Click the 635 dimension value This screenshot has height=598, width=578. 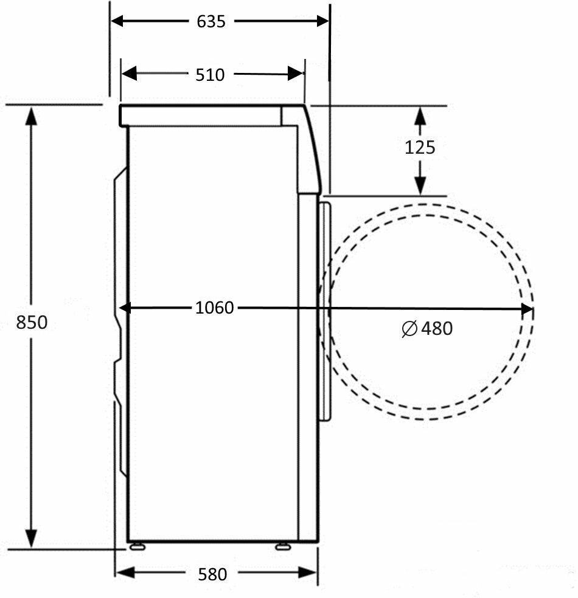tap(211, 21)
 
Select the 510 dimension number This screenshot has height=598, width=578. tap(210, 75)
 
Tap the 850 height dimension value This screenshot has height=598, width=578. tap(32, 322)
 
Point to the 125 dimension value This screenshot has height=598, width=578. tap(420, 148)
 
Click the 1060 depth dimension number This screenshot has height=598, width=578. tap(214, 308)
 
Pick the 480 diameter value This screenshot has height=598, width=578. tap(437, 328)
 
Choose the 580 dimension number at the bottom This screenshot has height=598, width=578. tap(212, 574)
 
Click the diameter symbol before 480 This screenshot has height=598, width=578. tap(409, 329)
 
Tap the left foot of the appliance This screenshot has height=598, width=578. tap(137, 546)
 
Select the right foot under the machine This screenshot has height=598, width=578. tap(283, 546)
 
